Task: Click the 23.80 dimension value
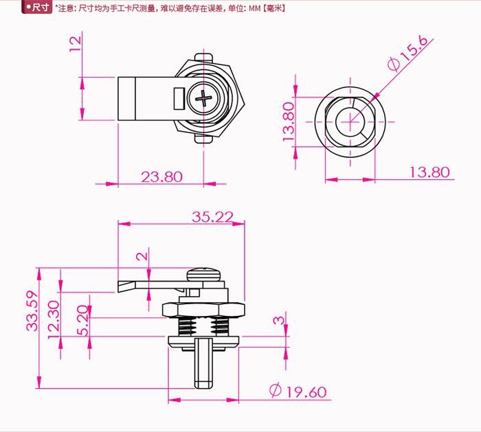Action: (x=161, y=177)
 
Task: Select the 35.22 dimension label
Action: (x=212, y=217)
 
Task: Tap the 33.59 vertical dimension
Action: (x=32, y=311)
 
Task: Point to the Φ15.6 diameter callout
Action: (x=408, y=53)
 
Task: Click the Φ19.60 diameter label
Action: (x=298, y=391)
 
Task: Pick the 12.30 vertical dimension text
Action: (x=54, y=319)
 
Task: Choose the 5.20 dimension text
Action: (x=82, y=320)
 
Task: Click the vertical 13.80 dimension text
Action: (x=289, y=122)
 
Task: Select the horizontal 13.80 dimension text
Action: (x=429, y=172)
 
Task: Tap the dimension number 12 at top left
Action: (x=76, y=44)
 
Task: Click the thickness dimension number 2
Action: (x=142, y=256)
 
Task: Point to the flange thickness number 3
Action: (x=279, y=321)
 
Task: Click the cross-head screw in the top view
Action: (x=203, y=98)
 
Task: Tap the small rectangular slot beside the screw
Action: (x=179, y=98)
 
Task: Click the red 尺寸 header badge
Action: (x=36, y=7)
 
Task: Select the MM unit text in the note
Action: (x=255, y=8)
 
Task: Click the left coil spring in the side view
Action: (x=187, y=326)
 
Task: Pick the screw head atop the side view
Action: (x=203, y=274)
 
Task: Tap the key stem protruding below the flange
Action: (x=203, y=363)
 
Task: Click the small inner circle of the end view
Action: (x=350, y=122)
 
